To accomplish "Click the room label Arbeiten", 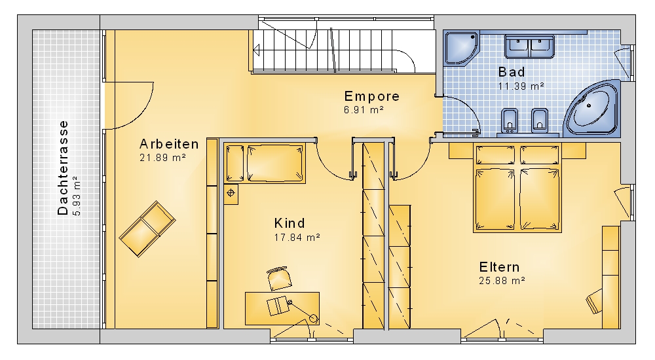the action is coord(169,144).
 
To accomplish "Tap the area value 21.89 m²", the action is coord(162,158).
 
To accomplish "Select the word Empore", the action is coord(372,96).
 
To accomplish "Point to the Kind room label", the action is coord(290,223).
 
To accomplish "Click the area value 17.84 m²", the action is coord(297,237).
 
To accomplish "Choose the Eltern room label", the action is coord(499,267).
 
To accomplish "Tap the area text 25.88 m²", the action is coord(502,281).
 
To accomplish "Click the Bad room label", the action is coord(512,72).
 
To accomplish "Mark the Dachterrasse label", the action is coord(63,168).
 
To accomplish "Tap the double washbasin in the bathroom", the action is coord(529,46).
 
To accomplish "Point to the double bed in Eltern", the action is coord(517,188).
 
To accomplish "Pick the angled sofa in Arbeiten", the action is coord(147,229).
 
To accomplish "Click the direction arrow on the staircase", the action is coord(257,50).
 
